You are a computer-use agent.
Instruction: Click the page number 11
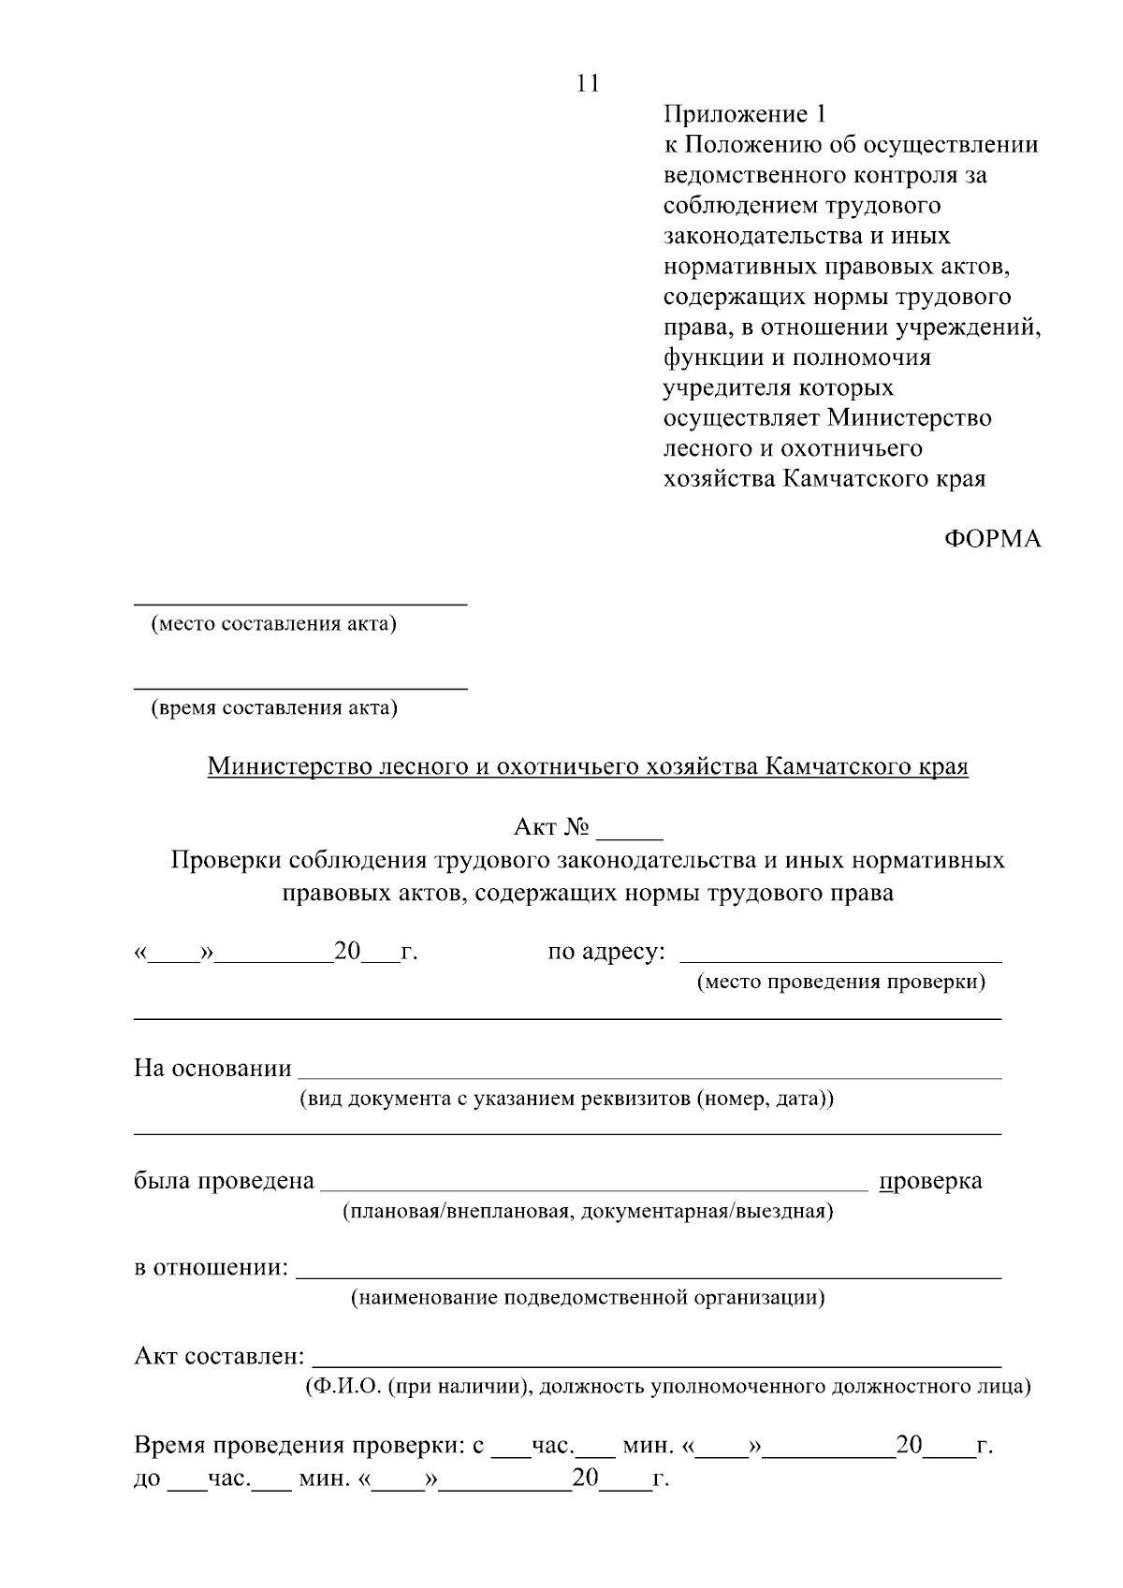point(588,83)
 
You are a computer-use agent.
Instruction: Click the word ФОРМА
point(992,540)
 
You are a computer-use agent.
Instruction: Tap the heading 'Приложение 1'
point(746,115)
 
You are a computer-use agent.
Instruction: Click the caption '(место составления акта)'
point(274,624)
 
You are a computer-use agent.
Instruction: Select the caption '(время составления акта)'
point(274,708)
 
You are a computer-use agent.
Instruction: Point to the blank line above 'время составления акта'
point(300,689)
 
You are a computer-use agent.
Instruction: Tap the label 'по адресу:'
point(606,953)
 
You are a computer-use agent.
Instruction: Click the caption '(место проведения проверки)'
point(841,982)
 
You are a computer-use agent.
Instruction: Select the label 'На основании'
point(212,1069)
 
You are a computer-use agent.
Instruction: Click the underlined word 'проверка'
point(931,1181)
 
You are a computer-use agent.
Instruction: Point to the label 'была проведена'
point(224,1181)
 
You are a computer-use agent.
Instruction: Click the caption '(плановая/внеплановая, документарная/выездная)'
point(587,1212)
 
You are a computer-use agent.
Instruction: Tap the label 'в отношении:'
point(211,1269)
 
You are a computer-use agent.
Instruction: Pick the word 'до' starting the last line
point(147,1480)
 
